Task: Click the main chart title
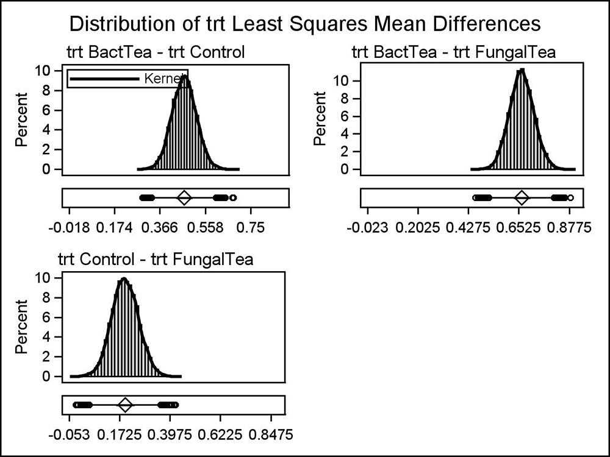point(305,24)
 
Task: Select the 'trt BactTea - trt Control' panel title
point(156,52)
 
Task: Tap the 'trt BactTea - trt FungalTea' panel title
point(454,52)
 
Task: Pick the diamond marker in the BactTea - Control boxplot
point(184,197)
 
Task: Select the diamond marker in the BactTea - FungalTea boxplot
point(522,197)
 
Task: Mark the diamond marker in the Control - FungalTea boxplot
point(125,405)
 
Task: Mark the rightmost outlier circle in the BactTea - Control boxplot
point(233,197)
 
